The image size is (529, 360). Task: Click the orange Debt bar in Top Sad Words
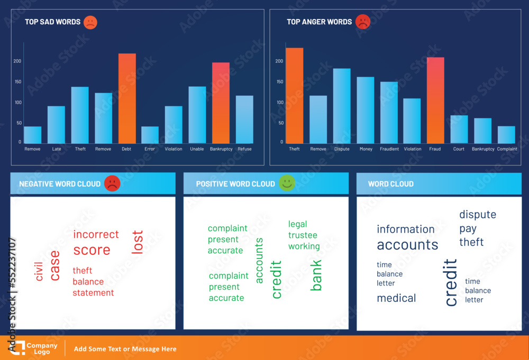[127, 98]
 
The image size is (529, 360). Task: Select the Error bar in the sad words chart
[150, 135]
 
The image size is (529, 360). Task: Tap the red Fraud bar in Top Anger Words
[435, 100]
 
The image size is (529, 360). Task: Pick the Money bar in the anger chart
[365, 110]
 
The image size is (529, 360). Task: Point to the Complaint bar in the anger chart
[506, 135]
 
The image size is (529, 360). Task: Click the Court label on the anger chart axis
[459, 149]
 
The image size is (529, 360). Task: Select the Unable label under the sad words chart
[197, 149]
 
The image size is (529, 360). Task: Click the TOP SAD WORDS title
[52, 22]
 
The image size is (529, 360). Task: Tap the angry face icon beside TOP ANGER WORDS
[363, 22]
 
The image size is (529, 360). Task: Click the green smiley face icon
[287, 183]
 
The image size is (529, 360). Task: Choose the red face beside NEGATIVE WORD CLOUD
[112, 183]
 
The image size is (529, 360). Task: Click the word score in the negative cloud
[92, 250]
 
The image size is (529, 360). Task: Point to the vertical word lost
[137, 242]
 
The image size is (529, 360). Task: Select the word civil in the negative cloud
[39, 269]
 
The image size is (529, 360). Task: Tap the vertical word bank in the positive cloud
[316, 275]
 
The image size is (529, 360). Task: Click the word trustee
[303, 235]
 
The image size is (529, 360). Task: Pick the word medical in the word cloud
[396, 298]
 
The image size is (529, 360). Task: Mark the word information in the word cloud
[406, 229]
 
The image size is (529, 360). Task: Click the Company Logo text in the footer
[42, 349]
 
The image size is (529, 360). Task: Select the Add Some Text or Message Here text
[125, 349]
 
